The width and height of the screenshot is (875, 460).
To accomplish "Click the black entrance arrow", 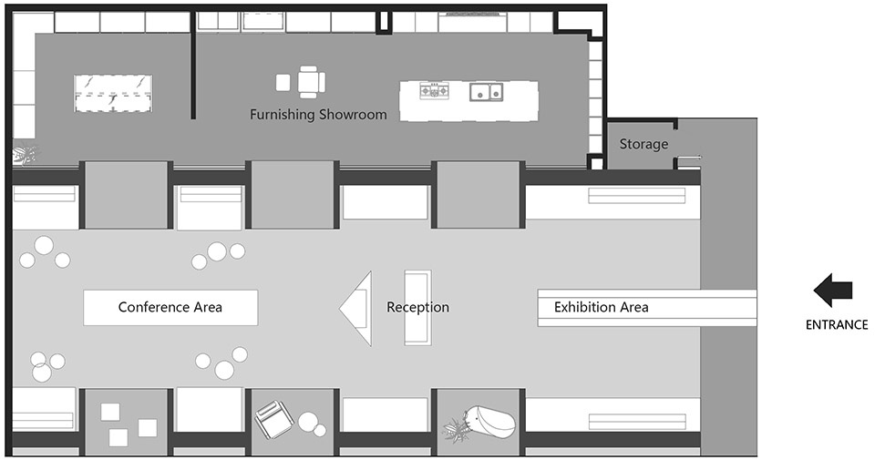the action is (832, 290).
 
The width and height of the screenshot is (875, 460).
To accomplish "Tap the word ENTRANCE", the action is (837, 324).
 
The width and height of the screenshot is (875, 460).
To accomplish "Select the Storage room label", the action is (643, 144).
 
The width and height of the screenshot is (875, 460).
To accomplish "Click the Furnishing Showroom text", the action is (318, 114).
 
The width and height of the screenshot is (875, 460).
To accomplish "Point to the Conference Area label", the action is (170, 307).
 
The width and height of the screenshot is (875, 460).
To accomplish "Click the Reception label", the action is (418, 307).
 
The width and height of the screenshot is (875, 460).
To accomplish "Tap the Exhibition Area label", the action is (601, 307).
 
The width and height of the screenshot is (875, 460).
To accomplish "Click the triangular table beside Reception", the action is (356, 309).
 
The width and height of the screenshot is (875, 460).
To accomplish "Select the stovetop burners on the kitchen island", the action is (434, 90).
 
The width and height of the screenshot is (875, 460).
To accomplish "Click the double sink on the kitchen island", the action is (486, 91).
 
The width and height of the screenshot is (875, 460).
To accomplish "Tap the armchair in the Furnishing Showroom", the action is (311, 82).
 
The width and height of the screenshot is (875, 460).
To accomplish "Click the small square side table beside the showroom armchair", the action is (283, 83).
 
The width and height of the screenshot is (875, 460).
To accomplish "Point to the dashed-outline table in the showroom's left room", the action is (113, 93).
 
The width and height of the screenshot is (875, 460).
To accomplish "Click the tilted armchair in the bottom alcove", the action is (274, 419).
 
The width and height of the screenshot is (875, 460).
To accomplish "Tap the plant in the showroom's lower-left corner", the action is (24, 154).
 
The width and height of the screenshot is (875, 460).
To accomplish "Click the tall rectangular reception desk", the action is (418, 308).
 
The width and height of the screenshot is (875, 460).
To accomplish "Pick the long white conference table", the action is (170, 307).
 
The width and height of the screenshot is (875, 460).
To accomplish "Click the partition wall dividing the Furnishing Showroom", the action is (193, 66).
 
